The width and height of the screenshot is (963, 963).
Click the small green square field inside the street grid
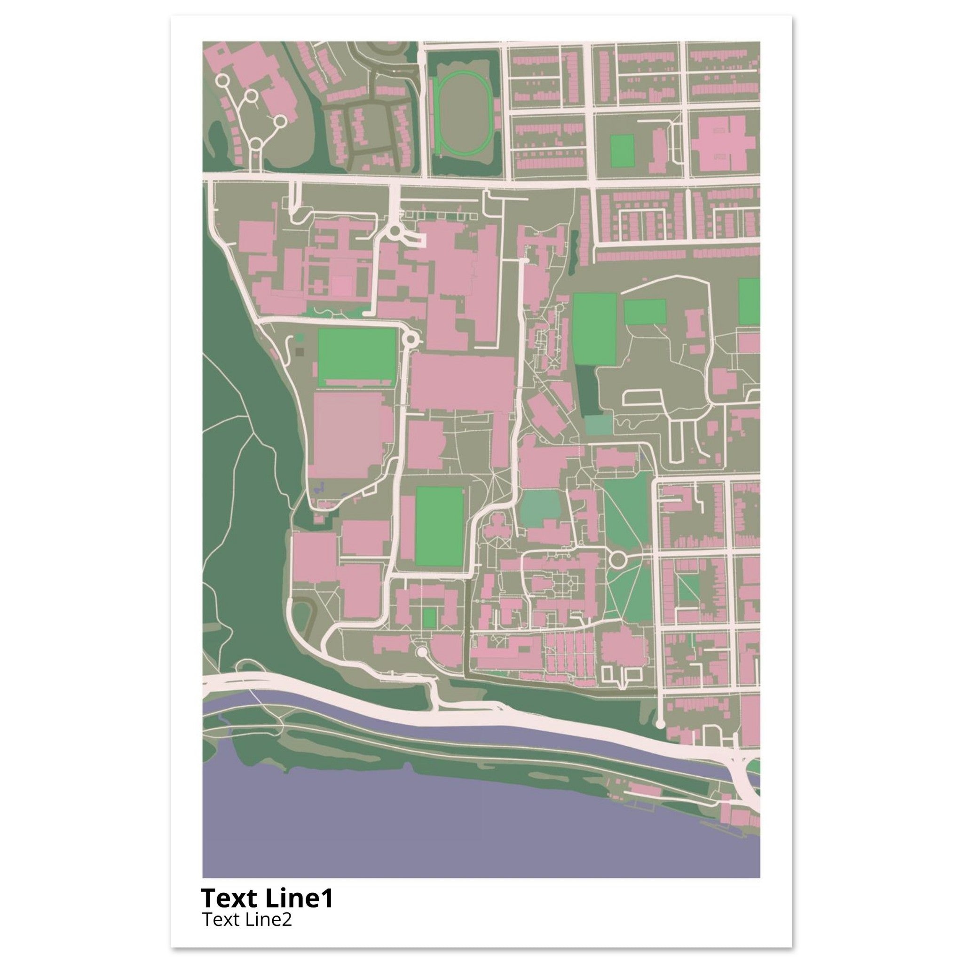click(x=622, y=150)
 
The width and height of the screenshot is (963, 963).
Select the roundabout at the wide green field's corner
click(x=410, y=340)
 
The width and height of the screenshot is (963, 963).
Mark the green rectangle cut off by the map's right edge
click(x=749, y=301)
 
